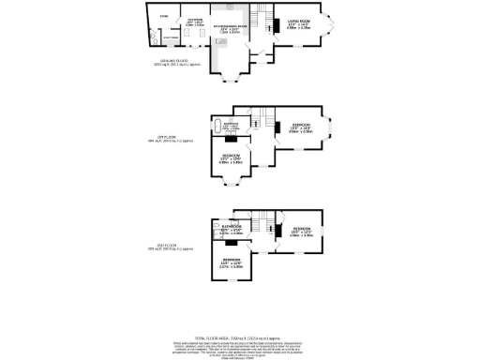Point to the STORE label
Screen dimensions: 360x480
pyautogui.click(x=163, y=16)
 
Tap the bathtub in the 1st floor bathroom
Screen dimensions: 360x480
pyautogui.click(x=220, y=125)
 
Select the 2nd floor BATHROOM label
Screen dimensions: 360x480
pyautogui.click(x=231, y=228)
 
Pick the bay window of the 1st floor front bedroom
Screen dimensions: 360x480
pyautogui.click(x=330, y=127)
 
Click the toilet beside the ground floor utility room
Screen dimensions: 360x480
pyautogui.click(x=154, y=37)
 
